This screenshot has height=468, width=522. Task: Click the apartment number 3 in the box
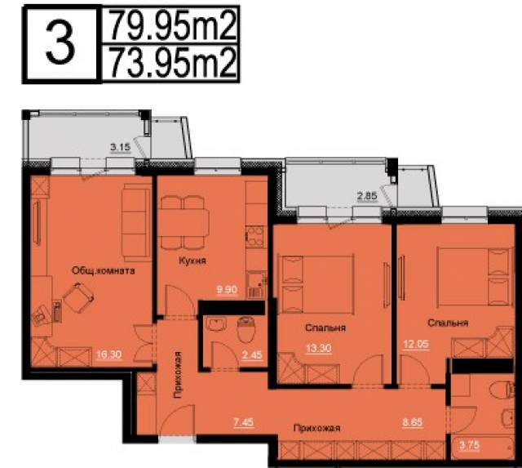pyautogui.click(x=57, y=47)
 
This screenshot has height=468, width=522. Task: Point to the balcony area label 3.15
pyautogui.click(x=121, y=148)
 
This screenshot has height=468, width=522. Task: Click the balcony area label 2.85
pyautogui.click(x=366, y=196)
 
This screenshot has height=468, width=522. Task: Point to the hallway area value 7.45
pyautogui.click(x=242, y=421)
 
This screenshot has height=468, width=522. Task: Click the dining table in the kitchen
pyautogui.click(x=183, y=221)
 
